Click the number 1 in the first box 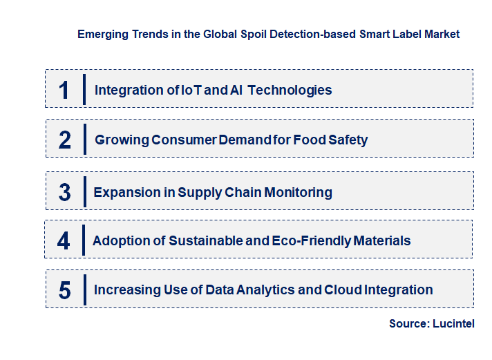point(64,90)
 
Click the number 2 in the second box point(65,140)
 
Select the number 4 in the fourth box point(64,241)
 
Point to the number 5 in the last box point(64,290)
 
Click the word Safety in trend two point(348,140)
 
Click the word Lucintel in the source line point(454,323)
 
